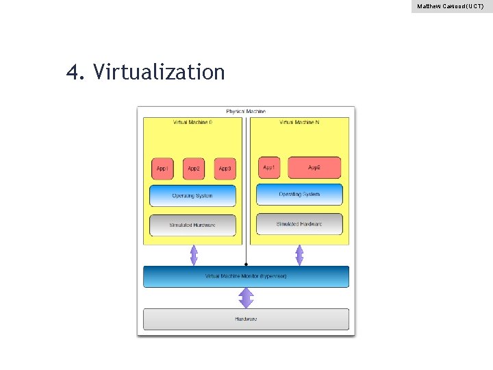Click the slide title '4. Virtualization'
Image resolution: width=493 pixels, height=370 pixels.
145,71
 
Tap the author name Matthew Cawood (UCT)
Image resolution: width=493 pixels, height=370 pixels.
451,6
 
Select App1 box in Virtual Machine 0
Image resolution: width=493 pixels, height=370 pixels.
162,169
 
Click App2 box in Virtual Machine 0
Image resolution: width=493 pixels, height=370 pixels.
194,169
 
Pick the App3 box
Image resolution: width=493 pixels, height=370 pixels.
225,169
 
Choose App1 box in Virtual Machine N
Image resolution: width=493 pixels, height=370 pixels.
269,167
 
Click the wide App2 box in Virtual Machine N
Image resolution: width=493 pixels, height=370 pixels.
314,167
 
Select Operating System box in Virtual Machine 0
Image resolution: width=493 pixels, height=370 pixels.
192,196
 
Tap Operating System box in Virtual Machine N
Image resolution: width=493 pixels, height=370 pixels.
299,194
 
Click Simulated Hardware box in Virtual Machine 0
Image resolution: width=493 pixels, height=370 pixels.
192,225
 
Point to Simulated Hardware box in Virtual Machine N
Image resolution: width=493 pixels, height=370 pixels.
299,224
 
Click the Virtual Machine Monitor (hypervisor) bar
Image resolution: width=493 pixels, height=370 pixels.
246,276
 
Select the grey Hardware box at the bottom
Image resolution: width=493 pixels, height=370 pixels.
246,319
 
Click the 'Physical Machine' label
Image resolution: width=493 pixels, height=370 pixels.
246,112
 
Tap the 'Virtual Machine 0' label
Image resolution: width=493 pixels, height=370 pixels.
192,123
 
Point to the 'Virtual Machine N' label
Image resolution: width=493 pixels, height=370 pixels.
299,123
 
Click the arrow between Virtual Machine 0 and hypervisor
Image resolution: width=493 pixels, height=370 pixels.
194,255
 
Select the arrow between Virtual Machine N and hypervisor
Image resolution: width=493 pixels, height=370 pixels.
299,255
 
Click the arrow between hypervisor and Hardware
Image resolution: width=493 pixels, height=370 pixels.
246,298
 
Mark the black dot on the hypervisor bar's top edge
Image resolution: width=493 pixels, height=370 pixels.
246,264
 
